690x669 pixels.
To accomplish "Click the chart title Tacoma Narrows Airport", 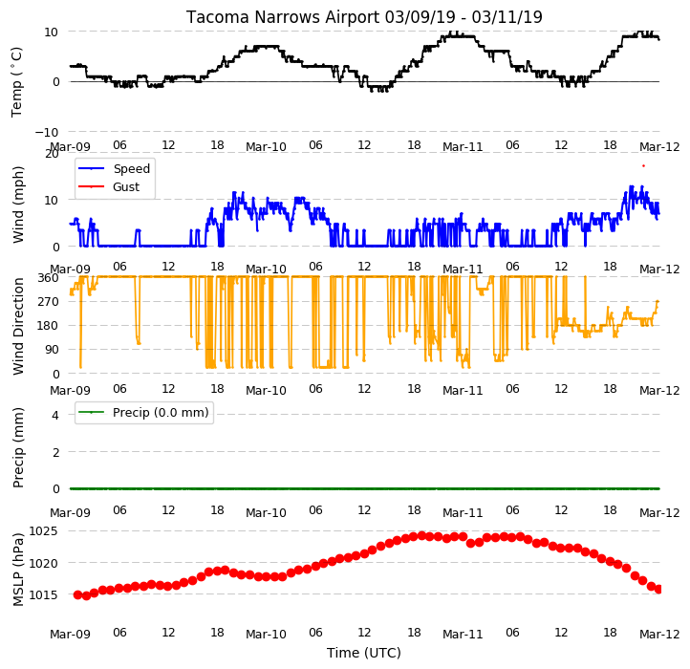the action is click(x=283, y=17).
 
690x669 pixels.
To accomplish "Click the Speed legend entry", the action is click(x=114, y=168).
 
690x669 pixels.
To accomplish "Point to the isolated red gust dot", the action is click(x=643, y=166).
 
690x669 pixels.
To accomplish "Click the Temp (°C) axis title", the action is click(x=16, y=82).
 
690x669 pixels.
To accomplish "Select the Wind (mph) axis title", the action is click(x=17, y=205).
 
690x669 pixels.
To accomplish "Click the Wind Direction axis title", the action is click(x=17, y=326).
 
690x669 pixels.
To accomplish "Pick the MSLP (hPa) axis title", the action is click(x=17, y=570).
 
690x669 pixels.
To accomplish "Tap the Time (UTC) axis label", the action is click(x=364, y=653).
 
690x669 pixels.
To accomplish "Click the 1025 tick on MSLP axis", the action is click(x=43, y=530).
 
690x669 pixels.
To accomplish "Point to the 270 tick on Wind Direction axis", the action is click(x=49, y=301).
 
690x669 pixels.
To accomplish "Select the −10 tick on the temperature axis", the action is click(x=47, y=132).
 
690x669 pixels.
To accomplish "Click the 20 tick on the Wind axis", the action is click(x=52, y=154).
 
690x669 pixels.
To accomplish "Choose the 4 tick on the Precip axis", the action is click(x=55, y=415).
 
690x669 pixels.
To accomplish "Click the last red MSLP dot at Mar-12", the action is click(x=658, y=589).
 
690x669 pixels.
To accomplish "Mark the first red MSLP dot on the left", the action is click(x=78, y=595).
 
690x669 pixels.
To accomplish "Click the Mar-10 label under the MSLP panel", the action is click(x=266, y=635).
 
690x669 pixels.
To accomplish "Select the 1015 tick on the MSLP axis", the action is click(x=43, y=594).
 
